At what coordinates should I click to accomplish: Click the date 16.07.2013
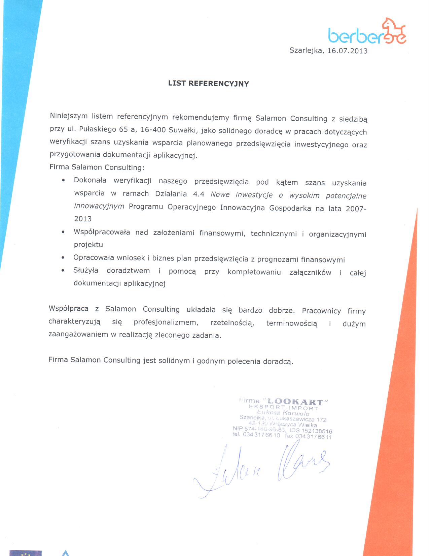[x=347, y=51]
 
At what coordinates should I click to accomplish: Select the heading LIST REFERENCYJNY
[x=209, y=84]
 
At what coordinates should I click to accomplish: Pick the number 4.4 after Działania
[x=199, y=194]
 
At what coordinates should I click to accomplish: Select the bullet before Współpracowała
[x=63, y=232]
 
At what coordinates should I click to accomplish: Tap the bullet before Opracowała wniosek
[x=63, y=258]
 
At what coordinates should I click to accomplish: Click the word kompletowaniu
[x=254, y=272]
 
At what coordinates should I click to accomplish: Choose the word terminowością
[x=291, y=324]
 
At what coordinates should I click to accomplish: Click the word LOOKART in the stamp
[x=295, y=402]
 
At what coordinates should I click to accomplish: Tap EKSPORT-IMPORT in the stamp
[x=283, y=408]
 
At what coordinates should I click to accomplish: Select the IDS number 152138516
[x=317, y=431]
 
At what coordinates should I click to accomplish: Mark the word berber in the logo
[x=354, y=36]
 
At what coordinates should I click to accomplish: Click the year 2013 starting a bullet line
[x=83, y=219]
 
